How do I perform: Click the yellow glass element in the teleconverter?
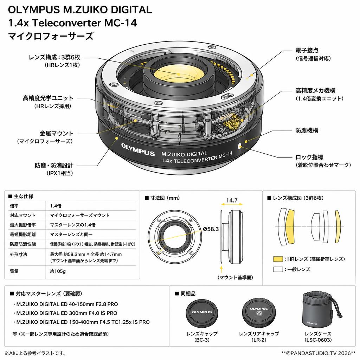(x=178, y=75)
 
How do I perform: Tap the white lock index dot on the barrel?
(x=240, y=146)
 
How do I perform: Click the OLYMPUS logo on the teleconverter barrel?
(x=138, y=149)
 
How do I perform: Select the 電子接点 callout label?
(x=307, y=50)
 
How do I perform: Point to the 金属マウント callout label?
(x=56, y=133)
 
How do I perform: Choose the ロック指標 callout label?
(x=309, y=157)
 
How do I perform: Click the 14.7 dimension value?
(x=232, y=200)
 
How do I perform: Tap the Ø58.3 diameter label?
(x=211, y=229)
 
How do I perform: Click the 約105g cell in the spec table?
(x=58, y=271)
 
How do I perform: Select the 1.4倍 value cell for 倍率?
(x=56, y=206)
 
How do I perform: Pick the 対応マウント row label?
(x=22, y=216)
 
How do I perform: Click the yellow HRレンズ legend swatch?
(x=278, y=259)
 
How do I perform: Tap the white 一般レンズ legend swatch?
(x=278, y=269)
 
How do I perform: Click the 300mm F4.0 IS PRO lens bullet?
(x=65, y=313)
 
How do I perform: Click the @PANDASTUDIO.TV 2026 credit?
(x=318, y=353)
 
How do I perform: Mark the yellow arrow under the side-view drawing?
(x=221, y=269)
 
